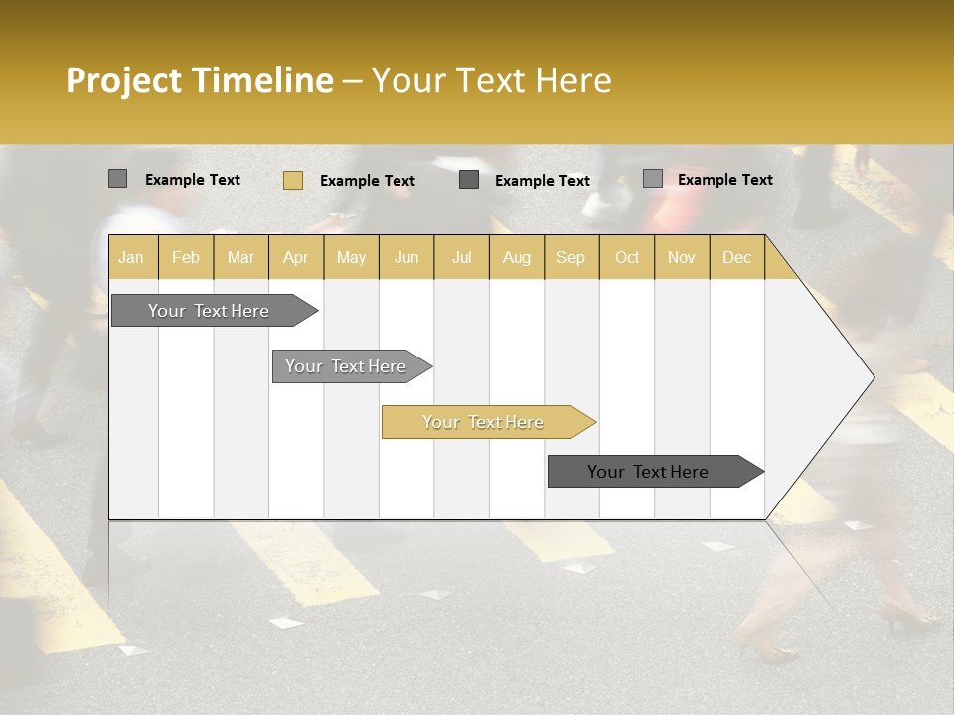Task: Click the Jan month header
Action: (x=131, y=258)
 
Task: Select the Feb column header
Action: (x=186, y=258)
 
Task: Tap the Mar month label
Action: (x=240, y=258)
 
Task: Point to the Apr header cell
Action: (x=295, y=258)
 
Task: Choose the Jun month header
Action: (x=406, y=258)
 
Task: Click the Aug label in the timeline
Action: (x=516, y=258)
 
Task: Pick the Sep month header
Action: (x=570, y=258)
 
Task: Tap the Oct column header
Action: (x=627, y=258)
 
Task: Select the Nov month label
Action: (x=682, y=258)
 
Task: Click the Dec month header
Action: (x=736, y=258)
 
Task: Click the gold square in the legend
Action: (x=293, y=180)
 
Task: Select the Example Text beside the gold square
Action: (x=367, y=181)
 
